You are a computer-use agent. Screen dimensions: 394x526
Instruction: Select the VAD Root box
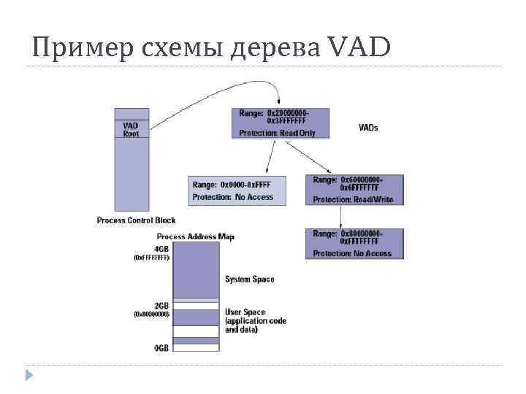point(131,130)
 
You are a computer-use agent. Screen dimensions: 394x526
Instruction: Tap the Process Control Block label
point(136,220)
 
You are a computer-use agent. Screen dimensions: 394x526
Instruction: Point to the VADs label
point(368,128)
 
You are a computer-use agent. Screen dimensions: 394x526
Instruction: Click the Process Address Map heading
point(196,237)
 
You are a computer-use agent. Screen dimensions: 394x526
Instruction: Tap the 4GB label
point(161,248)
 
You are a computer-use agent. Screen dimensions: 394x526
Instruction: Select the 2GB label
point(161,304)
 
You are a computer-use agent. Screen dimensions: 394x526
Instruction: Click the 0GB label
point(161,348)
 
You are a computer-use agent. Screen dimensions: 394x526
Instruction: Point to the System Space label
point(250,279)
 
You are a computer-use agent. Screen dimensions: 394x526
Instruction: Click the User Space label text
point(245,312)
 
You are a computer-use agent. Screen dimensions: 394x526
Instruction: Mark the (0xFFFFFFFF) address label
point(151,258)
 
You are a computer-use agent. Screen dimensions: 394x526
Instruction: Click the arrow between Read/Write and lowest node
point(342,217)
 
